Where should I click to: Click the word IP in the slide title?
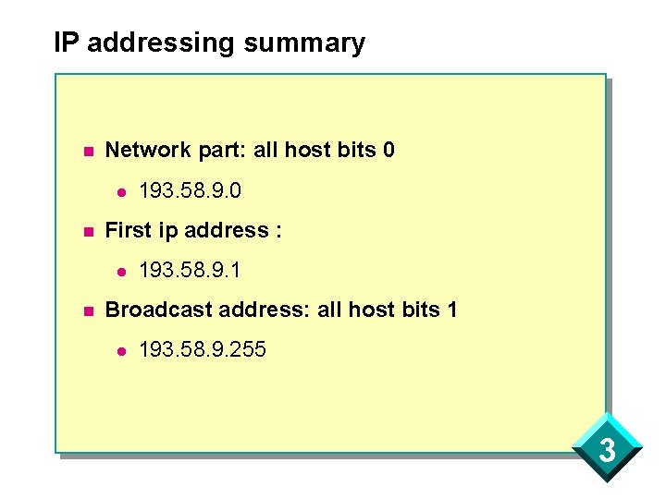64,43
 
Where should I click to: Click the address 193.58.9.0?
190,191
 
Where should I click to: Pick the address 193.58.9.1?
190,271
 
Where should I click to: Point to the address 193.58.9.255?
202,350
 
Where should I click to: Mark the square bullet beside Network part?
87,151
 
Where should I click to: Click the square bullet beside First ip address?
87,231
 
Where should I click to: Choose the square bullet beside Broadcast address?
87,310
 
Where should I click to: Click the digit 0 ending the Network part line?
388,149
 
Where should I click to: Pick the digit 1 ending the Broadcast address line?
451,309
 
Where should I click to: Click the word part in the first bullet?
219,150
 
